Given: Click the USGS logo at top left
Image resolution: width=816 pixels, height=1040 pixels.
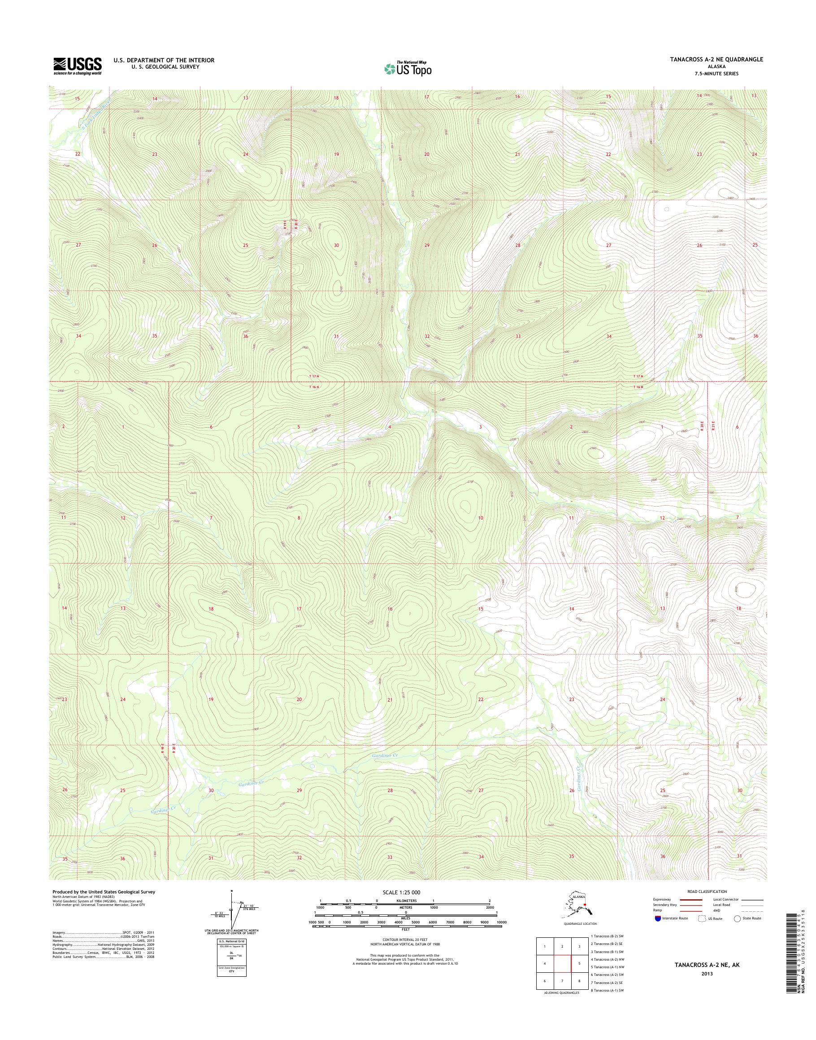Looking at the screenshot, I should click(x=77, y=66).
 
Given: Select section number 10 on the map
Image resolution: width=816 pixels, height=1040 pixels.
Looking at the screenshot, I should click(x=481, y=518).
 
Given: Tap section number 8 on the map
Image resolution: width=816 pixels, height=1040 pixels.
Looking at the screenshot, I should click(x=299, y=518).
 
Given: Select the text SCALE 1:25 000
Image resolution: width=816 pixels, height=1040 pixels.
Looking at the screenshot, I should click(x=401, y=893).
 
